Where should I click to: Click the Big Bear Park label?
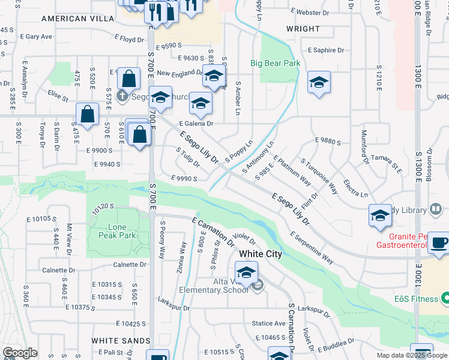pos(275,62)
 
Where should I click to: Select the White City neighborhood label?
pos(260,254)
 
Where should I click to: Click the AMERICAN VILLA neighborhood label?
pos(77,19)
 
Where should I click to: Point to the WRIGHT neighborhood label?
pos(303,29)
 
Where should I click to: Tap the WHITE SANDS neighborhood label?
pos(121,340)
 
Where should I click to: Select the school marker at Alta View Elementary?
pos(246,273)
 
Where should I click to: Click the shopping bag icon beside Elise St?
pos(88,116)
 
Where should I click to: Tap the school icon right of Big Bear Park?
pos(319,83)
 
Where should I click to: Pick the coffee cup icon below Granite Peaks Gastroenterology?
pos(440,244)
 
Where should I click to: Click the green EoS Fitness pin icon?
pos(445,298)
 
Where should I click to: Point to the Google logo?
pos(20,353)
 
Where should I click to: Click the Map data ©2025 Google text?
pos(411,355)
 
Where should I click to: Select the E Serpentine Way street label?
pos(312,248)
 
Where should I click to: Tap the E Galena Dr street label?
pos(197,124)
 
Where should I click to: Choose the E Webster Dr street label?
pos(310,11)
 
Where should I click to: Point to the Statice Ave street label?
pos(268,323)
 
